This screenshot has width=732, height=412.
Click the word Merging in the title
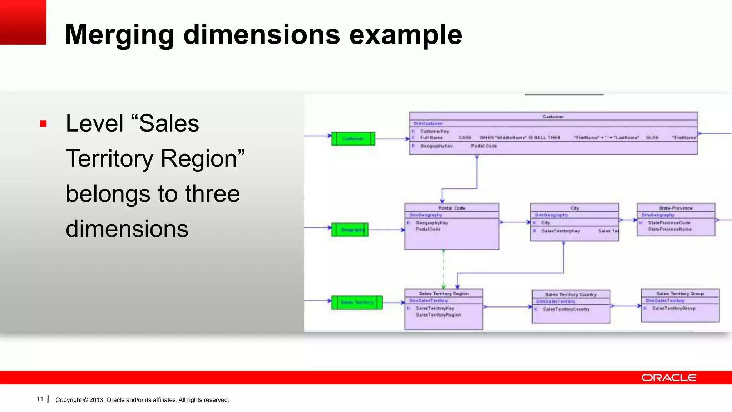click(119, 35)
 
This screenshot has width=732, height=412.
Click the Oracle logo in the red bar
click(669, 378)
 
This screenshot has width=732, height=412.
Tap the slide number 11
click(40, 399)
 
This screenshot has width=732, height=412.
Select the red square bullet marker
click(43, 124)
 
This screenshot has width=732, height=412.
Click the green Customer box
click(353, 139)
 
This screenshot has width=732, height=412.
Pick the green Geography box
click(350, 230)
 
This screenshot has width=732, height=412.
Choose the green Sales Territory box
click(356, 302)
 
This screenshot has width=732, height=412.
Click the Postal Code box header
click(451, 208)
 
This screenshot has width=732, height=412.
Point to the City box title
click(574, 208)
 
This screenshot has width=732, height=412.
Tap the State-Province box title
click(676, 208)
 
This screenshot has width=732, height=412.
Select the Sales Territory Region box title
click(444, 293)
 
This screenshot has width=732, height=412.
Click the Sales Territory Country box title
click(571, 294)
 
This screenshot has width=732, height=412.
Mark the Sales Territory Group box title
click(680, 293)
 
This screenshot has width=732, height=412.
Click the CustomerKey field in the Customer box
click(434, 131)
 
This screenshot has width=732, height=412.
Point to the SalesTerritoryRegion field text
click(438, 315)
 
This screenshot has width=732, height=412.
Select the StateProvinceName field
click(669, 229)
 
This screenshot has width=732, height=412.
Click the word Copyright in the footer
click(68, 400)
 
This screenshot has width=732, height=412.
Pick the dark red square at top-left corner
click(23, 22)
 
